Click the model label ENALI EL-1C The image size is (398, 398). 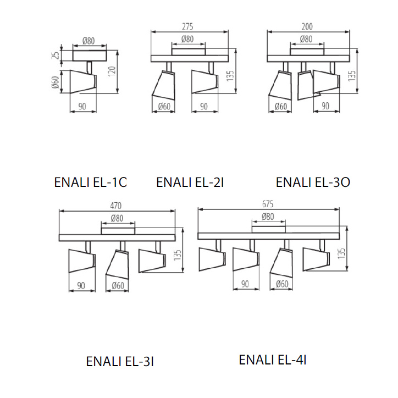[91, 183]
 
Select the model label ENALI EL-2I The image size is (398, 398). [190, 183]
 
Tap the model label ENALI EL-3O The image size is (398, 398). [313, 183]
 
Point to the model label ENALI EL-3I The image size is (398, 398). [119, 361]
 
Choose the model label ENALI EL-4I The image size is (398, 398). [272, 360]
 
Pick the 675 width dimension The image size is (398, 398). [268, 203]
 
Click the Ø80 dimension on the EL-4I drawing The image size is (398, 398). [268, 217]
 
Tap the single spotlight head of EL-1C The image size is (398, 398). [80, 81]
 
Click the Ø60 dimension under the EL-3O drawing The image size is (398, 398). [280, 106]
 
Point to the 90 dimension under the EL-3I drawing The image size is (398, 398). [81, 286]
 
